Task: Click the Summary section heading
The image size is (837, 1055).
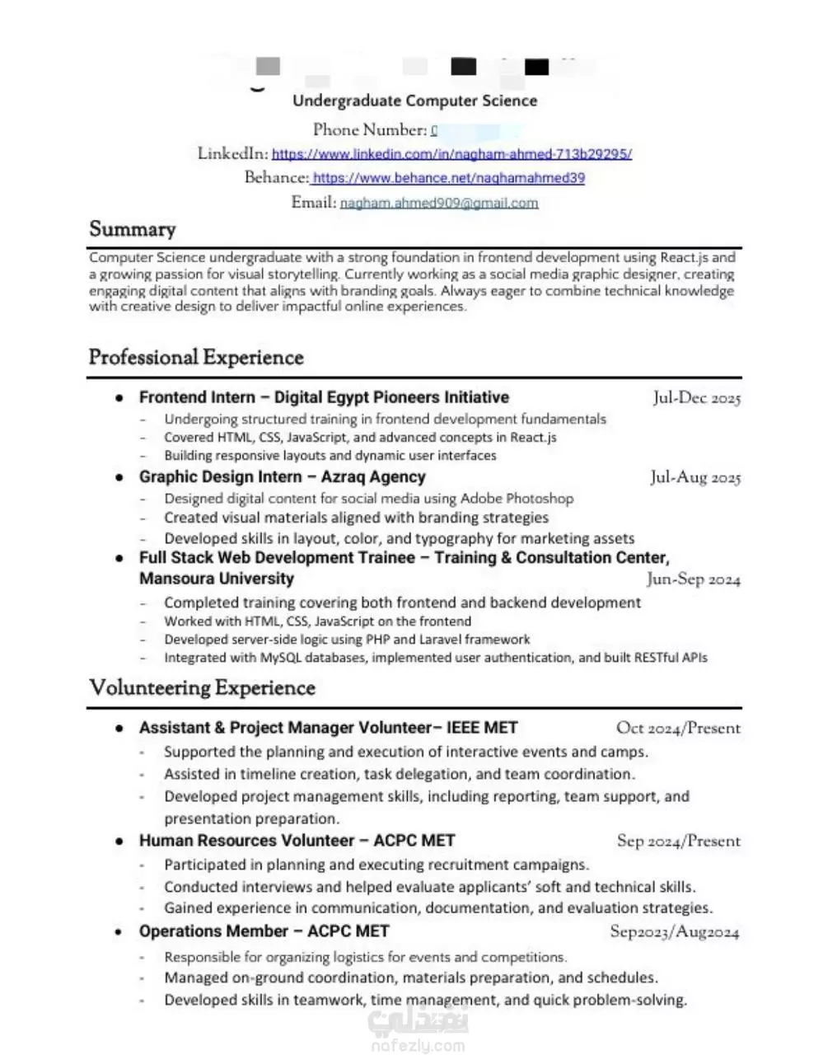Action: [x=132, y=229]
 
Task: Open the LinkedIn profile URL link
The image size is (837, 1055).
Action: [x=451, y=154]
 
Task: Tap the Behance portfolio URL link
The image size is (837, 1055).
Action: [x=448, y=178]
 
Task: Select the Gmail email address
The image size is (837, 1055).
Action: [x=438, y=203]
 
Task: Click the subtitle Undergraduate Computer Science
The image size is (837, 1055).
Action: [x=414, y=101]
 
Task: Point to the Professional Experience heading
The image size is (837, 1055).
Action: [x=196, y=358]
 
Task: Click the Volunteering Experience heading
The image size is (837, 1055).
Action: [x=202, y=688]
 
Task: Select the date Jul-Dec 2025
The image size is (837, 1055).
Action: [x=696, y=398]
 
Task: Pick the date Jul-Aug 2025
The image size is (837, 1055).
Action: [x=694, y=477]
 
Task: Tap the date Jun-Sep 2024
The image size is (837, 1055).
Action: [x=693, y=579]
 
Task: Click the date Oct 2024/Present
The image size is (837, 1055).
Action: [x=678, y=729]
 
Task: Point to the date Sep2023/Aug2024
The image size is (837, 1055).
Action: [x=674, y=932]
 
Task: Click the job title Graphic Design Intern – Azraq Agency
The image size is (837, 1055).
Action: [x=282, y=477]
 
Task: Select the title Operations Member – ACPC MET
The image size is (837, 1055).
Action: [x=264, y=931]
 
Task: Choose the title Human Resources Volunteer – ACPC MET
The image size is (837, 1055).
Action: [x=297, y=841]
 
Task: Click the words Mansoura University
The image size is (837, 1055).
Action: [x=216, y=579]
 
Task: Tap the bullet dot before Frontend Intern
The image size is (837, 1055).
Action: [x=120, y=398]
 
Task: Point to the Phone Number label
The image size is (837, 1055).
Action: [x=369, y=130]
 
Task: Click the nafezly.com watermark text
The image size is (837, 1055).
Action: [x=418, y=1045]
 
